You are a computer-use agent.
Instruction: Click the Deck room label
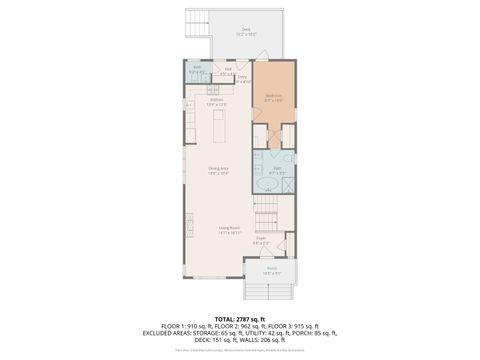pos(246,31)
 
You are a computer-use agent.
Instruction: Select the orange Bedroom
pos(273,97)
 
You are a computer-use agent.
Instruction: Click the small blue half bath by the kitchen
pos(198,71)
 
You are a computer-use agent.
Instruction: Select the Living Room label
pos(230,229)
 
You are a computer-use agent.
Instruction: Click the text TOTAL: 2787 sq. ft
pos(240,317)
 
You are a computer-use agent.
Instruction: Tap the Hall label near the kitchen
pos(228,70)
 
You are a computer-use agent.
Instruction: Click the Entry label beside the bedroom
pos(242,79)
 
